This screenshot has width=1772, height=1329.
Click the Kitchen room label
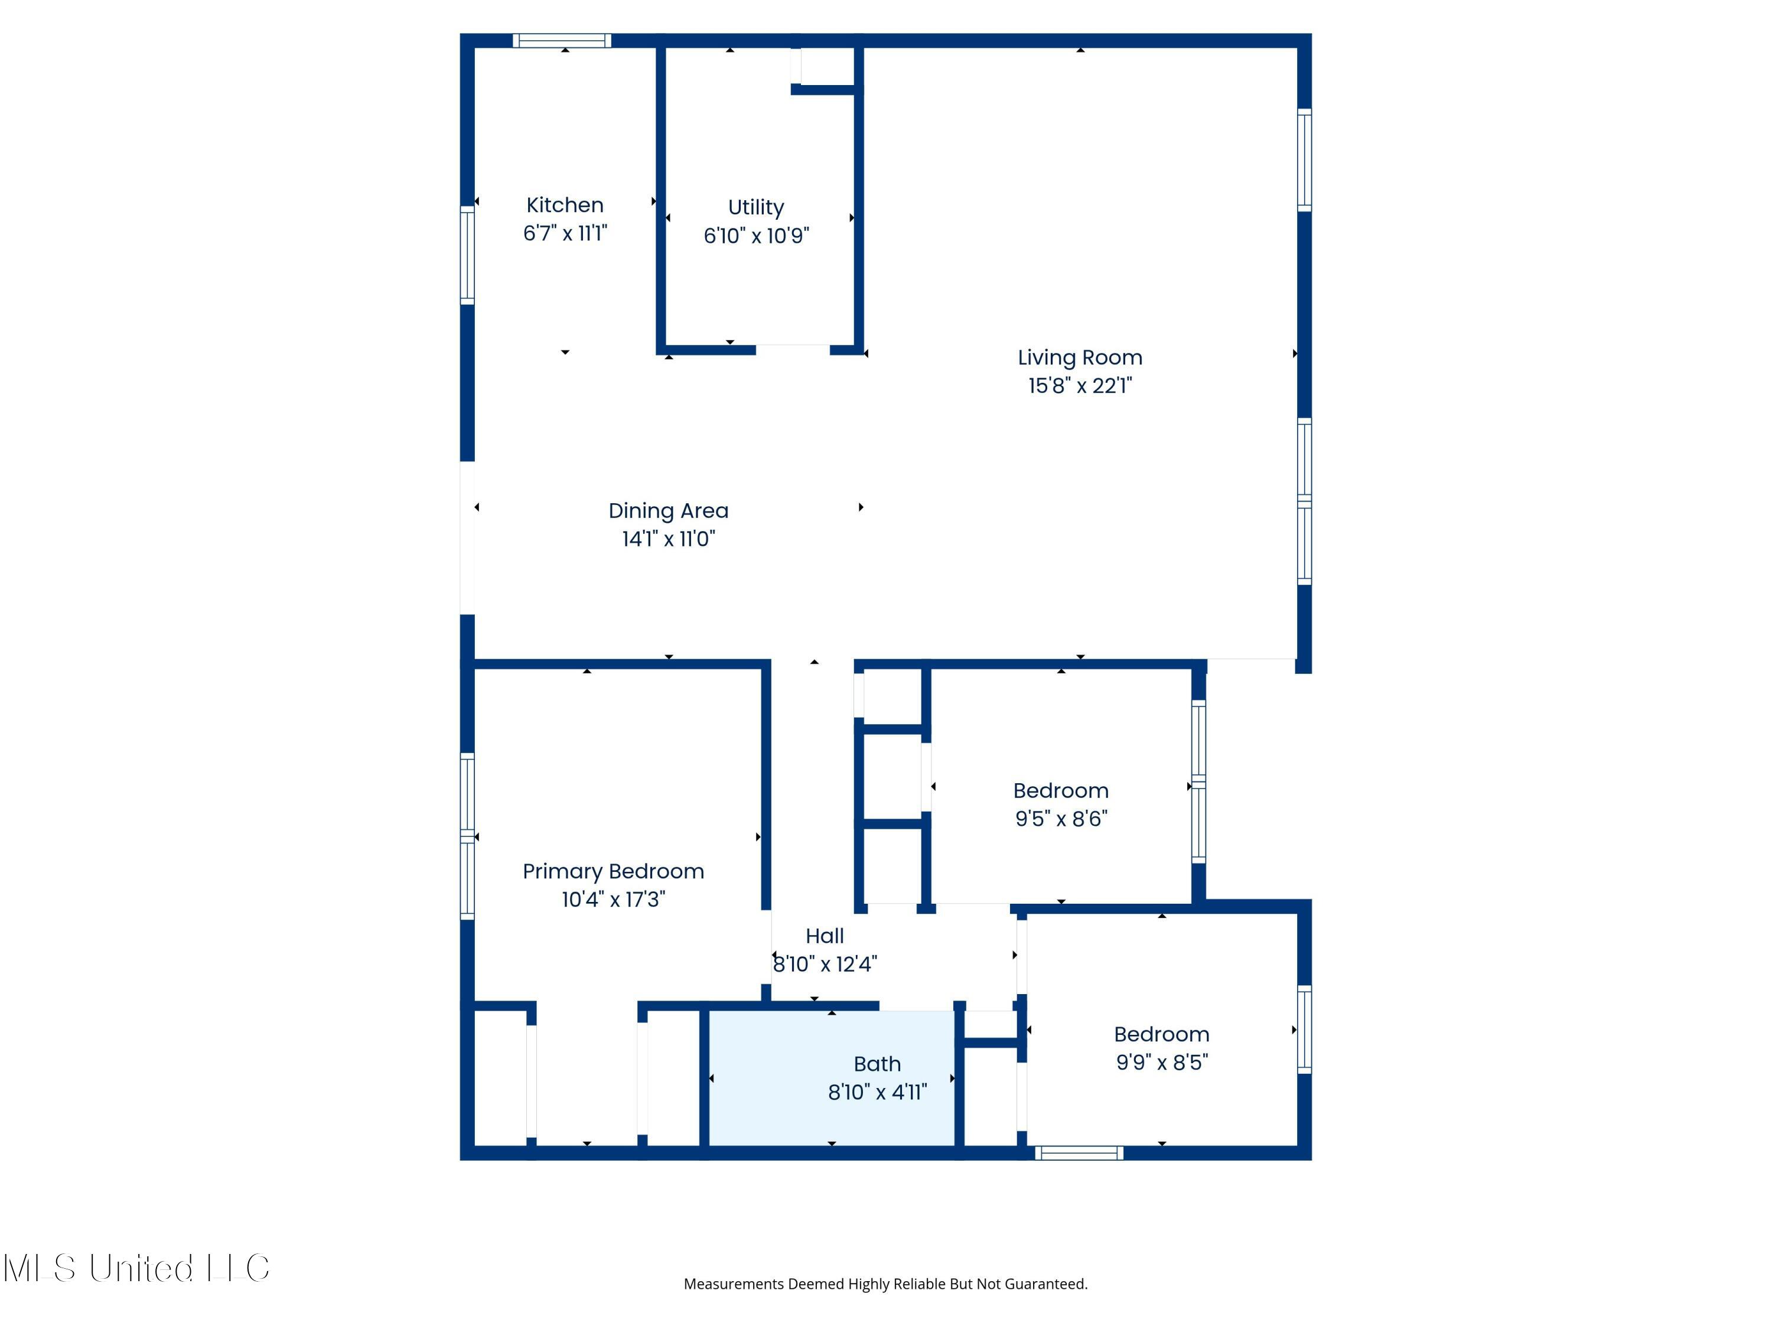pyautogui.click(x=565, y=205)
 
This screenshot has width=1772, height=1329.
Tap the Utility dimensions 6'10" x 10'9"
pyautogui.click(x=756, y=236)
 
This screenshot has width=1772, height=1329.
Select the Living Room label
pyautogui.click(x=1080, y=357)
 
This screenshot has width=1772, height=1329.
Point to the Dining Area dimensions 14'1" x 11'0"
pyautogui.click(x=668, y=538)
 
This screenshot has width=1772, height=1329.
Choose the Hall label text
pyautogui.click(x=825, y=936)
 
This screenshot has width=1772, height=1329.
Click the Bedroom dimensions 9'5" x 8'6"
pyautogui.click(x=1061, y=818)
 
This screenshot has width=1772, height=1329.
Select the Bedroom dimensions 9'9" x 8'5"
pyautogui.click(x=1162, y=1062)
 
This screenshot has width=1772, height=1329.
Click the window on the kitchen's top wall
pyautogui.click(x=562, y=41)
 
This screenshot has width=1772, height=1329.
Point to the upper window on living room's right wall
pyautogui.click(x=1304, y=160)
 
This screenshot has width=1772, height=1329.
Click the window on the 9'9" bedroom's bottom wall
pyautogui.click(x=1079, y=1153)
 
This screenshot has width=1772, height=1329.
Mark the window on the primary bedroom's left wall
pyautogui.click(x=467, y=836)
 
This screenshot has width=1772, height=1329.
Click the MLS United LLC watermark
pyautogui.click(x=136, y=1268)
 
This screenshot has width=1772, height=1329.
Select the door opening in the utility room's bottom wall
pyautogui.click(x=792, y=349)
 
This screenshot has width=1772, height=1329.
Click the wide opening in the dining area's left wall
pyautogui.click(x=467, y=538)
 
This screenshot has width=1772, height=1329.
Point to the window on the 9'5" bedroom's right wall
pyautogui.click(x=1198, y=782)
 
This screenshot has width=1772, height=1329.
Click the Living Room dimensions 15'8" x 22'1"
pyautogui.click(x=1080, y=385)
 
